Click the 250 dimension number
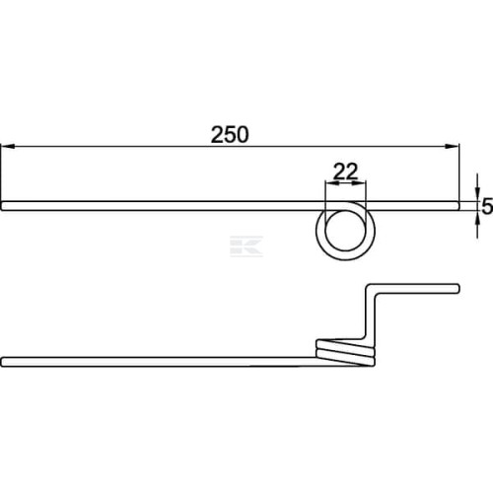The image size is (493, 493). tap(230, 134)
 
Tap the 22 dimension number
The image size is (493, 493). tap(345, 172)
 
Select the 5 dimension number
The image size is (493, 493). tap(487, 206)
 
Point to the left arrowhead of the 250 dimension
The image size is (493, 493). tap(8, 146)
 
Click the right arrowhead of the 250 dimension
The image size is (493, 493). tap(452, 146)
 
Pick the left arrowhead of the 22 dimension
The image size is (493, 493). tap(331, 183)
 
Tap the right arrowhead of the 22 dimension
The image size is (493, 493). tap(359, 183)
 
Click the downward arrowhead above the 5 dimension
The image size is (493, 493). tap(477, 194)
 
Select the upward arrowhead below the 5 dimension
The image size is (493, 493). tap(477, 218)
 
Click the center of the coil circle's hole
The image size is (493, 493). tap(345, 231)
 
